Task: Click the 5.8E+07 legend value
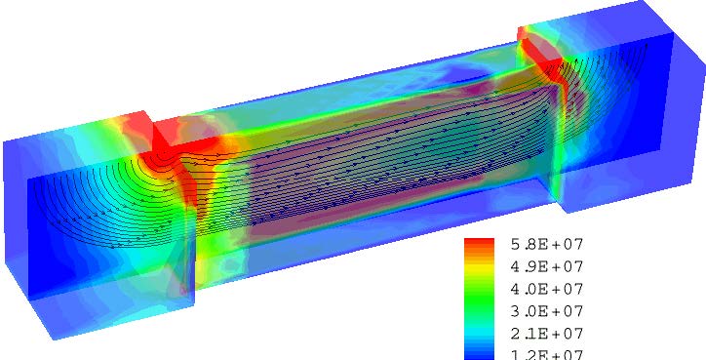[547, 245]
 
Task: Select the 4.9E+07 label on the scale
[547, 266]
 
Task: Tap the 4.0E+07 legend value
[547, 289]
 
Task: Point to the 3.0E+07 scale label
[547, 311]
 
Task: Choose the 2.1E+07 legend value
[547, 334]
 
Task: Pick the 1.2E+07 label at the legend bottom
[547, 354]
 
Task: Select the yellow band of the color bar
[479, 269]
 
